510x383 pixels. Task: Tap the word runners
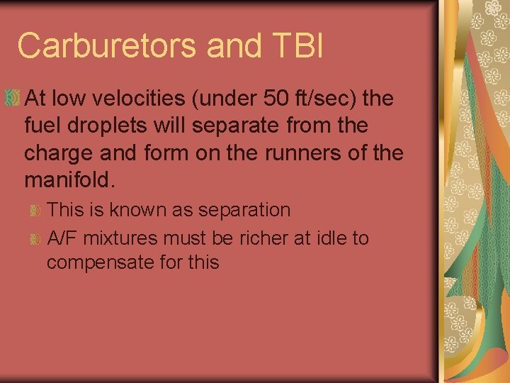coord(284,152)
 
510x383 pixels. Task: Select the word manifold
coord(68,179)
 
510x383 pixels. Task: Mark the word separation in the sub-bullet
coord(245,210)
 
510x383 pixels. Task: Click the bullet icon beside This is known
coord(35,211)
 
